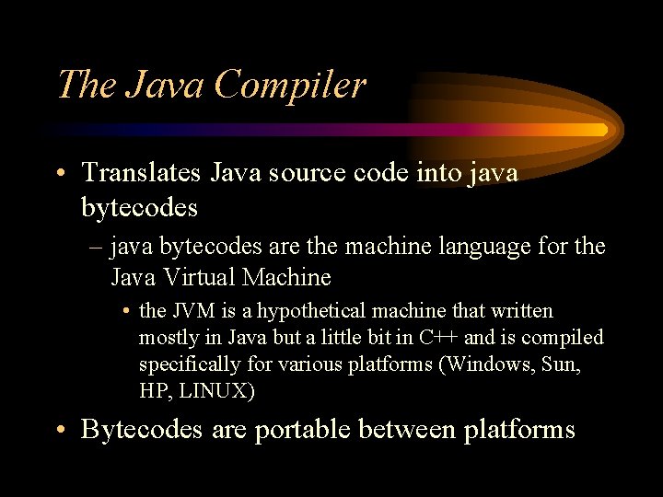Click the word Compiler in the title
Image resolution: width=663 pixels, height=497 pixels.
290,86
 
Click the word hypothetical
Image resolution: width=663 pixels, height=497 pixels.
306,311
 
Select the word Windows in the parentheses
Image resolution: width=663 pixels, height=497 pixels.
491,364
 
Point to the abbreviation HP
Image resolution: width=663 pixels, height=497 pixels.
154,389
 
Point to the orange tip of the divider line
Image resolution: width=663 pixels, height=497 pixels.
599,130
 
